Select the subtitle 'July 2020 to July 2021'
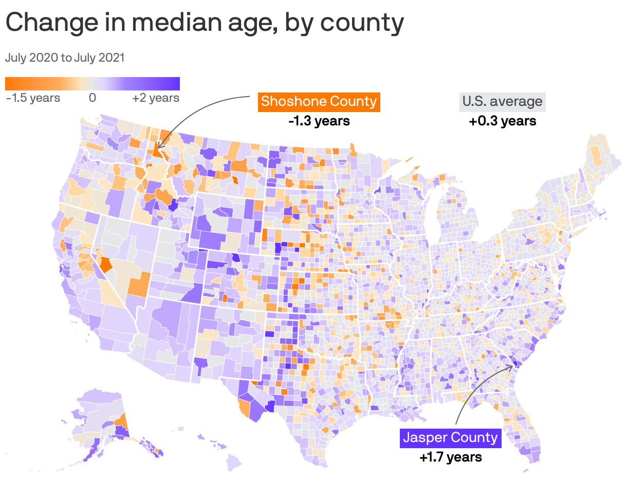click(65, 58)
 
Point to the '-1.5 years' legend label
click(33, 98)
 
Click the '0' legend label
click(93, 98)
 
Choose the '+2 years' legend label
click(156, 98)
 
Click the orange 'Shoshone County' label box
click(319, 101)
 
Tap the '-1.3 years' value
click(319, 121)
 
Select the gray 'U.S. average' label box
click(502, 101)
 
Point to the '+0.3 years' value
click(502, 121)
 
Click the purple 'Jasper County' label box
click(450, 438)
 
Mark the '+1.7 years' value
click(450, 457)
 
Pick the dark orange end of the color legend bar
click(8, 84)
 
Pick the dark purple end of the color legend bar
click(177, 84)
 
